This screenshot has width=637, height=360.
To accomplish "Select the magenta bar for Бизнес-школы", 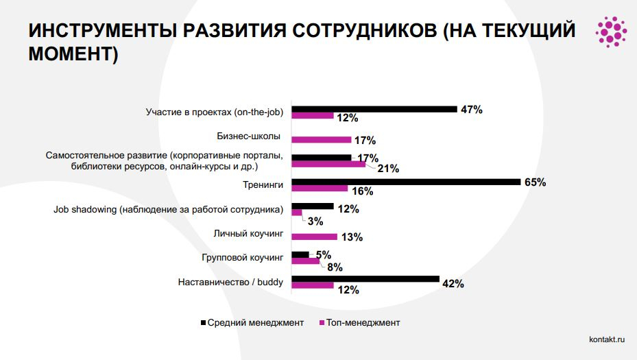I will click(x=321, y=140).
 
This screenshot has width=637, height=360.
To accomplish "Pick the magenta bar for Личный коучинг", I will click(x=314, y=237).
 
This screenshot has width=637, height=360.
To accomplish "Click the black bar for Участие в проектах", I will click(x=374, y=109).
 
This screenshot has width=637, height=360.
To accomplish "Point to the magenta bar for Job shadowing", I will click(x=297, y=213).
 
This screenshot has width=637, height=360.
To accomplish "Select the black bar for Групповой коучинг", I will click(x=300, y=254).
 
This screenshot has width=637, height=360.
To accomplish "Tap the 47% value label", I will click(x=471, y=110).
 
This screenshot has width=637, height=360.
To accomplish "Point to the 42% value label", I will click(x=453, y=283).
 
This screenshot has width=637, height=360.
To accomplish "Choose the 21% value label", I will click(x=388, y=169).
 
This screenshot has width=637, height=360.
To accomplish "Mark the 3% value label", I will click(x=315, y=221).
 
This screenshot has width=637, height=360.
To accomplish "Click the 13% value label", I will click(x=351, y=237).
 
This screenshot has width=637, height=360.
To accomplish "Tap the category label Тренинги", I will click(x=263, y=183).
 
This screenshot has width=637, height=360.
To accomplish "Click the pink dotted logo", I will click(x=610, y=30).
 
